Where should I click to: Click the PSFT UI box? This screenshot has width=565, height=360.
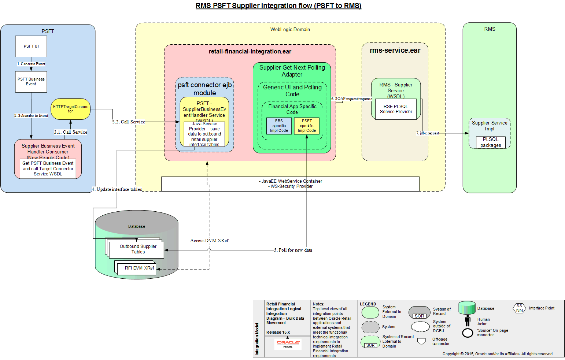[x=31, y=47]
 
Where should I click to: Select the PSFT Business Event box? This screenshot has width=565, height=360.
[x=31, y=81]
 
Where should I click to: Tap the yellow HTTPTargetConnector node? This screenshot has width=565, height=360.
[x=70, y=109]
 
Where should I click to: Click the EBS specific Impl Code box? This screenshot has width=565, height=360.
[x=279, y=126]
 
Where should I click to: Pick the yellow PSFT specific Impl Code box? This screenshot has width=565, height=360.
[x=307, y=126]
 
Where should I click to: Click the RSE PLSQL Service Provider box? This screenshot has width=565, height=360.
[x=396, y=109]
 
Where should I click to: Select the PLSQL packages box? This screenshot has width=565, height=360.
[x=491, y=142]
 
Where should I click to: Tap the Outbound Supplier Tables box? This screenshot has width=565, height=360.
[x=138, y=249]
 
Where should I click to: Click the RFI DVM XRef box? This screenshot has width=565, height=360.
[x=139, y=268]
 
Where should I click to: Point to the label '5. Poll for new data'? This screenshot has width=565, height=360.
[x=293, y=250]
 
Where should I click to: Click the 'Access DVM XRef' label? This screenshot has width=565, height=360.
[x=209, y=241]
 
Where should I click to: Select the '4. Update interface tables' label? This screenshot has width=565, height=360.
[x=117, y=189]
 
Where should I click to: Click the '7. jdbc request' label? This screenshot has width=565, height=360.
[x=428, y=133]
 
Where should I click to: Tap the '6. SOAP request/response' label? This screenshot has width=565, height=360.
[x=352, y=99]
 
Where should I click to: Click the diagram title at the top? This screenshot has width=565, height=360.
[x=278, y=6]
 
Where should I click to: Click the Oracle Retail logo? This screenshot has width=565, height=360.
[x=288, y=344]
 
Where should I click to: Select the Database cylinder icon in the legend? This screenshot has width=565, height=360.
[x=467, y=308]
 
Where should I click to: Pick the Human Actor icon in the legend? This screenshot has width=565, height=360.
[x=468, y=321]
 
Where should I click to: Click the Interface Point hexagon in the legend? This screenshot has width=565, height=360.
[x=519, y=308]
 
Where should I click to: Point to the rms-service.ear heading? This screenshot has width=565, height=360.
[x=395, y=51]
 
